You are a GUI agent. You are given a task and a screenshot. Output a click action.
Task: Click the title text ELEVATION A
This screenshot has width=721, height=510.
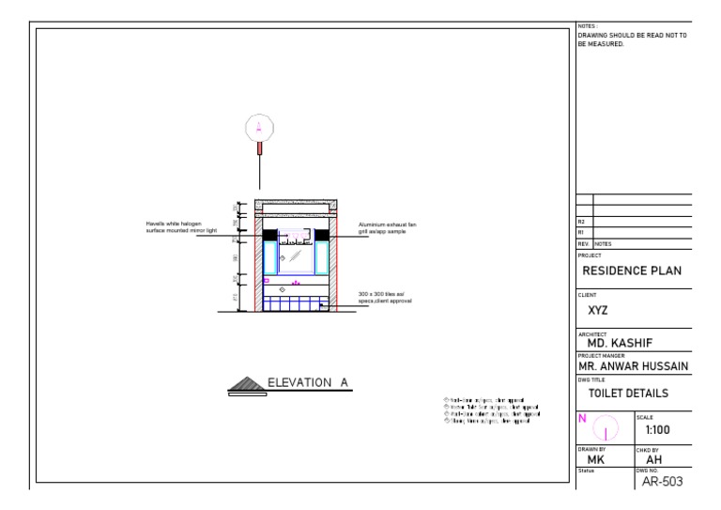point(309,382)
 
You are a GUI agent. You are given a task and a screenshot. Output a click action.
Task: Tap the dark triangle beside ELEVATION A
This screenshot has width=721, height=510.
point(246,383)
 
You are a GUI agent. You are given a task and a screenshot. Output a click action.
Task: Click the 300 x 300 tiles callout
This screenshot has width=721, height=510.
point(385,297)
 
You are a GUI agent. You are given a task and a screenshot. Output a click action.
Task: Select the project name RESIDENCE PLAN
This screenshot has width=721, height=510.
point(632,271)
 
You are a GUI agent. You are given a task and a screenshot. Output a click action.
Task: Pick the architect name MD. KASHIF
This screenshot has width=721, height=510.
point(621,343)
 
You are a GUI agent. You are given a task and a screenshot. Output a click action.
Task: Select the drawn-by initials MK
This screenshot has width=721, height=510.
point(595,461)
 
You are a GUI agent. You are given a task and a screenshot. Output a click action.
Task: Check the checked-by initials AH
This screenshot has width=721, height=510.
point(656,461)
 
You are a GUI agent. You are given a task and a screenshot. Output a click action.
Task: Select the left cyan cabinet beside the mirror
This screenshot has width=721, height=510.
point(270,256)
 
